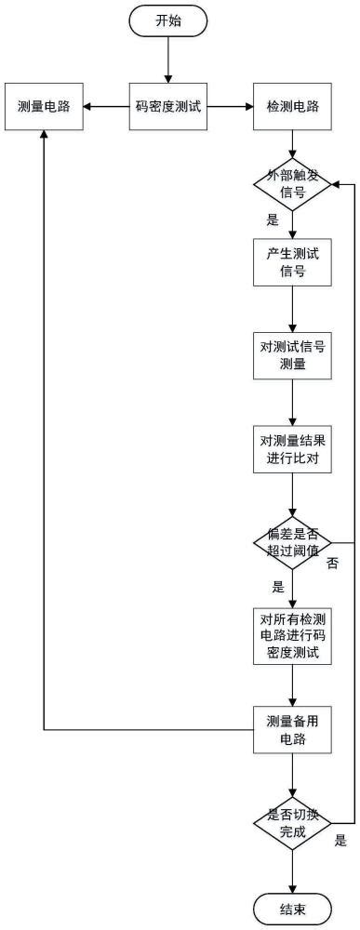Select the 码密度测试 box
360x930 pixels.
167,106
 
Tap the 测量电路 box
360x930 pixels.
44,106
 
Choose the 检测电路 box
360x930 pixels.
293,106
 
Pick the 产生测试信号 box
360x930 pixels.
293,265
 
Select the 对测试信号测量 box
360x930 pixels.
293,355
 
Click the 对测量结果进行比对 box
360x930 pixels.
293,449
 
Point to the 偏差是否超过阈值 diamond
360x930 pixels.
293,542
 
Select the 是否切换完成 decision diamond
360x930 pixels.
293,822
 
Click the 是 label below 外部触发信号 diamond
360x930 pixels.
273,220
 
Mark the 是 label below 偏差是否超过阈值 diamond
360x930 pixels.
277,588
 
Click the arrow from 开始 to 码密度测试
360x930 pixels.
167,60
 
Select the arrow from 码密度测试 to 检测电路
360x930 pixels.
230,106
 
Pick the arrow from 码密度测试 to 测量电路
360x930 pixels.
105,106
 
